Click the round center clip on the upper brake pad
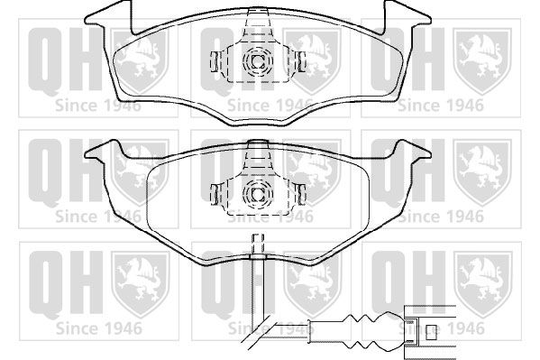258,61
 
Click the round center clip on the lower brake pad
258,195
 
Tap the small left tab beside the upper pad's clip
215,61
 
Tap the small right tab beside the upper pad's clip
301,61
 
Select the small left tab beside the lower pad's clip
215,194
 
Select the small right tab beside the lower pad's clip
301,194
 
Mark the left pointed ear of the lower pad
100,151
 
